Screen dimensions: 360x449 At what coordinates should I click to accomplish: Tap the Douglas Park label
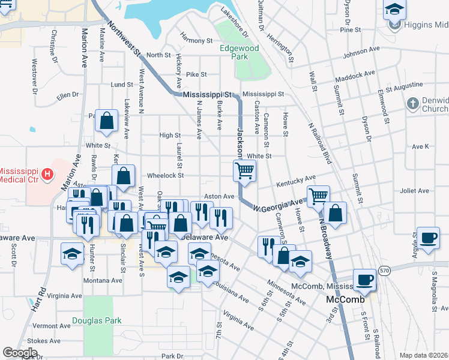(97, 320)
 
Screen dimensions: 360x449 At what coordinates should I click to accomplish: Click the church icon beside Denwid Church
(412, 104)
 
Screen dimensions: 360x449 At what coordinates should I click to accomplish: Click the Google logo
(20, 352)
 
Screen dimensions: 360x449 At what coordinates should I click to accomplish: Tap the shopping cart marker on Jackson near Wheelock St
(244, 170)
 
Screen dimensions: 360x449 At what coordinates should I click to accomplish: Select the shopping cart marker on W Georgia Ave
(318, 195)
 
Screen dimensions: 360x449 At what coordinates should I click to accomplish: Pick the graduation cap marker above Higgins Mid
(394, 9)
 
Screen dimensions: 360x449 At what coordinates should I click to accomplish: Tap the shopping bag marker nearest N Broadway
(336, 212)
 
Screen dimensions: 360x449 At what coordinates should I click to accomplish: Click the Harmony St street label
(197, 41)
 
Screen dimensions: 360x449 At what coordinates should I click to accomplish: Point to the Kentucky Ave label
(295, 180)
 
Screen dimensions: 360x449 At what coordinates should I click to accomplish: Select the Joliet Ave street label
(416, 191)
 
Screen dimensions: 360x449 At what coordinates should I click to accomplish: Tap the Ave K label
(420, 146)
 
